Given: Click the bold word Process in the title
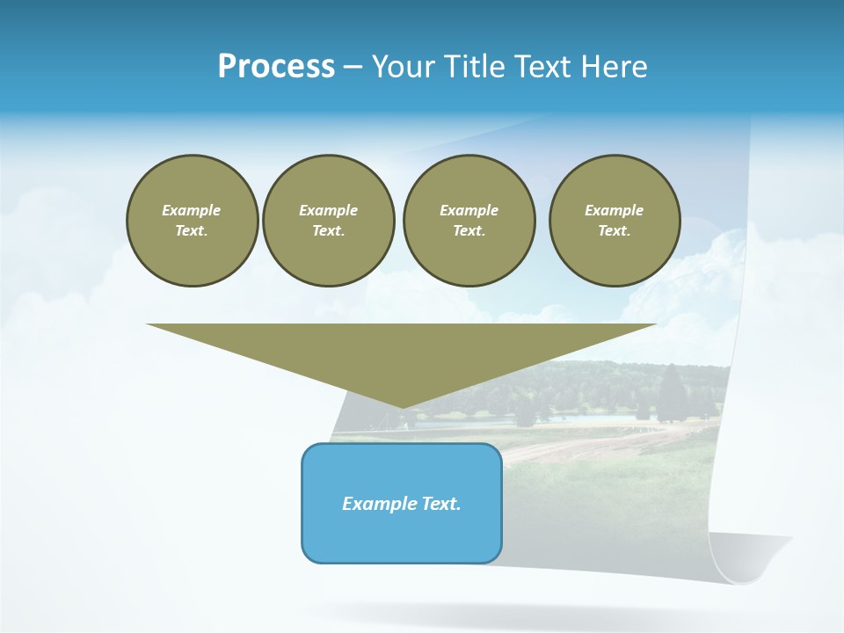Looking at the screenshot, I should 276,67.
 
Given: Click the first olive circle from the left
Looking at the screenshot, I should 192,221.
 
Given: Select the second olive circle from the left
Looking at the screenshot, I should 328,221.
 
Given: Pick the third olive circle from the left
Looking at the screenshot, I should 469,221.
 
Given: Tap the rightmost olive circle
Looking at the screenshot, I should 614,221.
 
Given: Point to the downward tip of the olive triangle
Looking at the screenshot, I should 403,407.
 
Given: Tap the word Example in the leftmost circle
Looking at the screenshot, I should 192,210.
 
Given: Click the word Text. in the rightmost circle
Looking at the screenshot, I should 614,230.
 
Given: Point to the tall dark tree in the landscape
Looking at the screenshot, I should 671,392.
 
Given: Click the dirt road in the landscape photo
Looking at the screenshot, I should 580,444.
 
